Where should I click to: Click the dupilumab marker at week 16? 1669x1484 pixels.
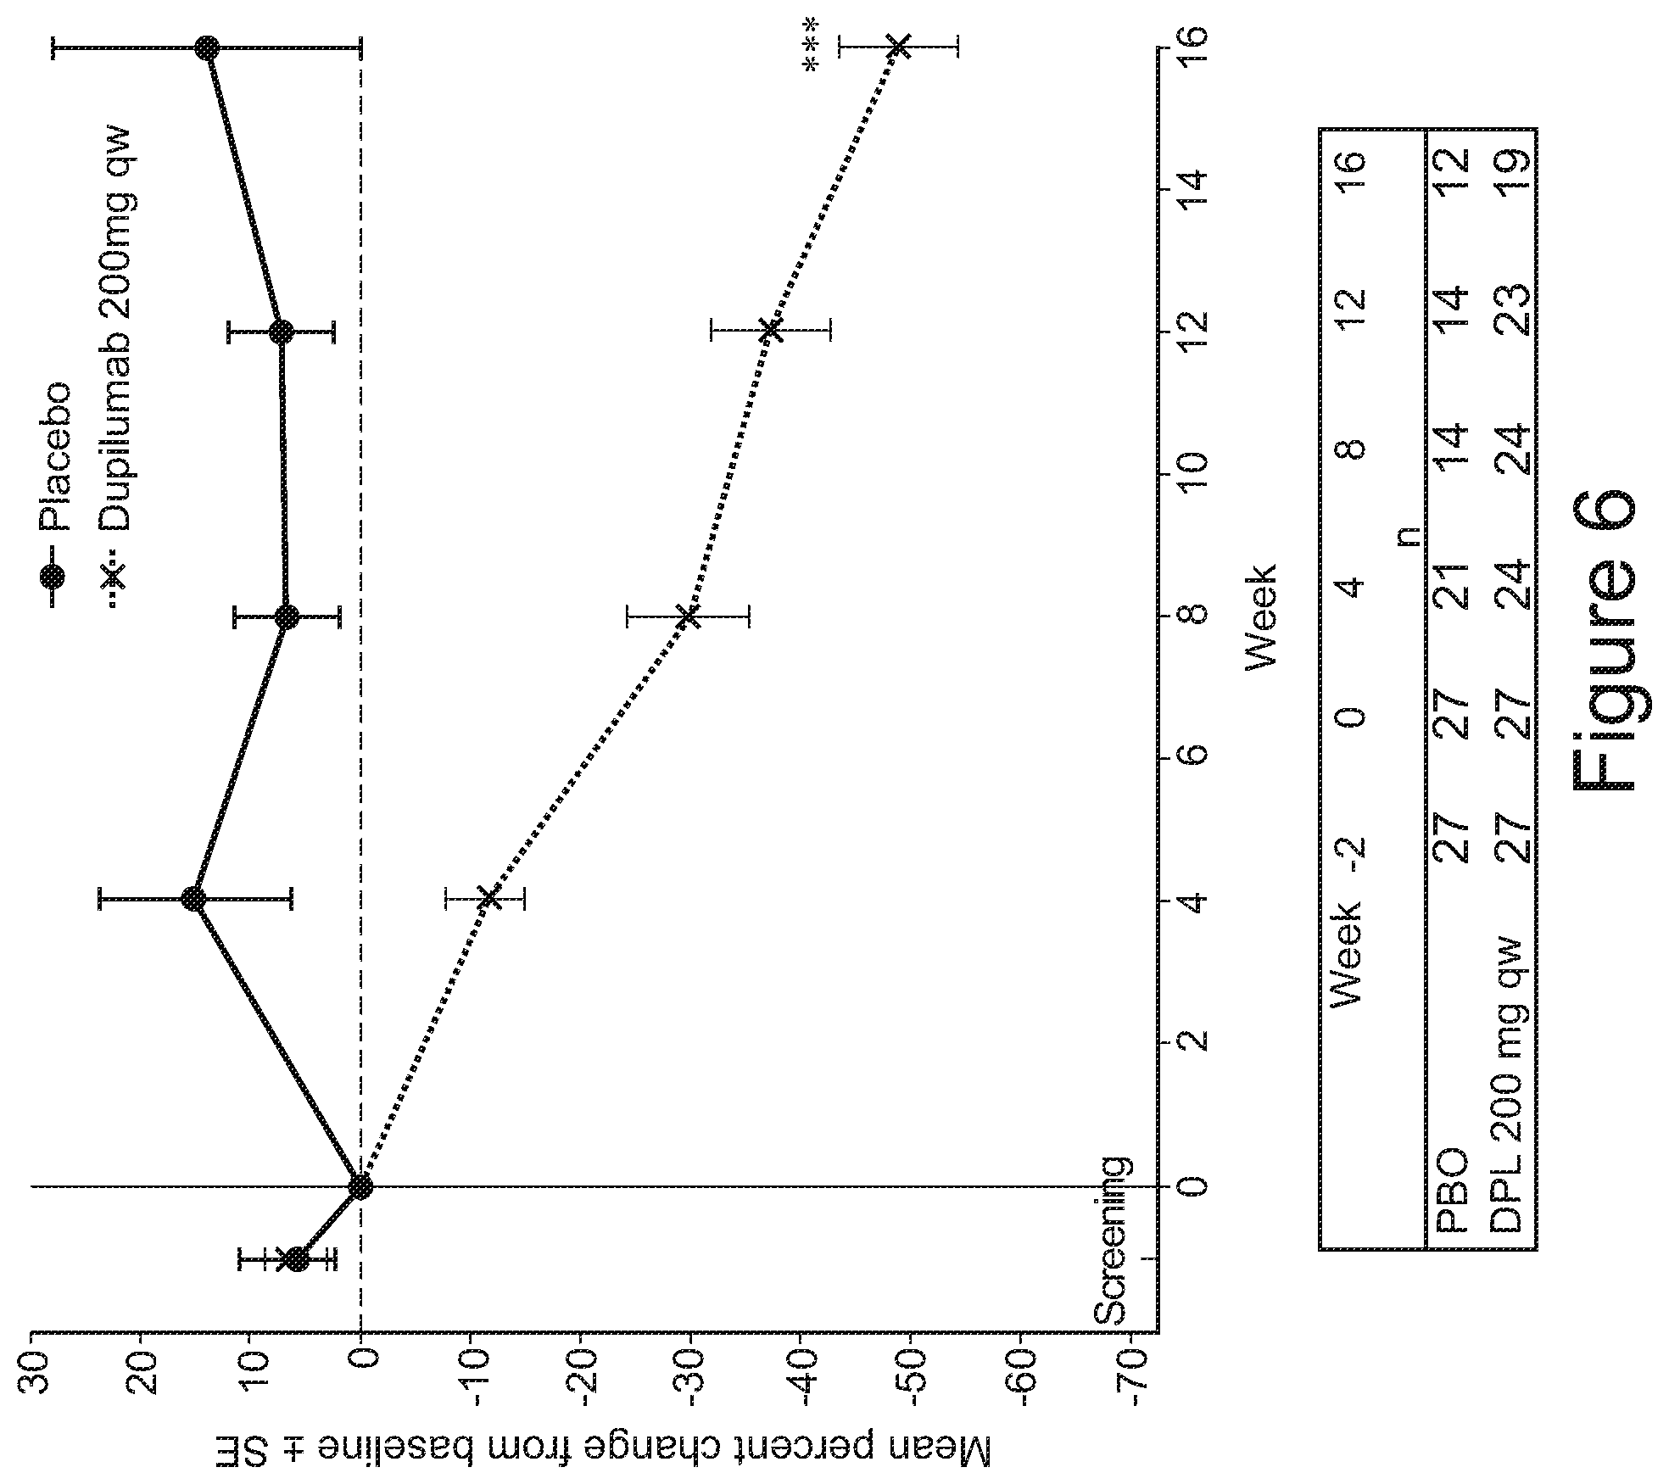point(899,47)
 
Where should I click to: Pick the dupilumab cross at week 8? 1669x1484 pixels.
point(689,616)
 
